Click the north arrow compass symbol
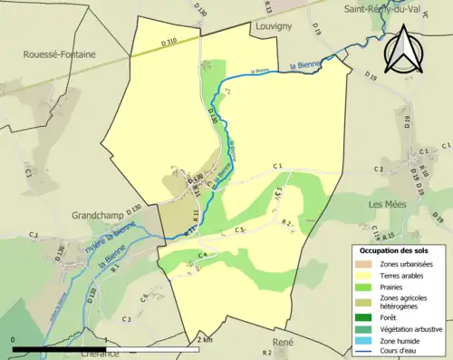pyautogui.click(x=404, y=49)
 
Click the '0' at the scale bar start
pyautogui.click(x=14, y=339)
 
